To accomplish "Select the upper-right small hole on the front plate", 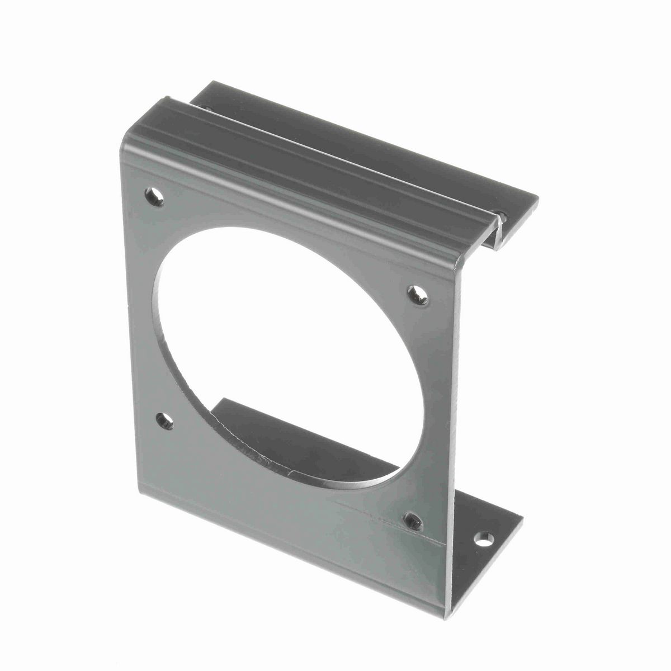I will (418, 295).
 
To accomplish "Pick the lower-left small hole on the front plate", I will (164, 420).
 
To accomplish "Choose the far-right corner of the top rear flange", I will (537, 197).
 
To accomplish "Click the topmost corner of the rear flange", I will (208, 83).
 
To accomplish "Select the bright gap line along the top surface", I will (335, 157).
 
